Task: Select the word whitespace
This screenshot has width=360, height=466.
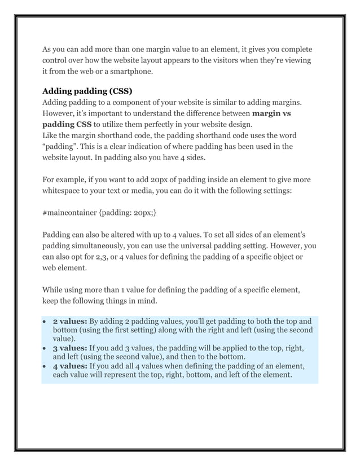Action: pyautogui.click(x=65, y=191)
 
